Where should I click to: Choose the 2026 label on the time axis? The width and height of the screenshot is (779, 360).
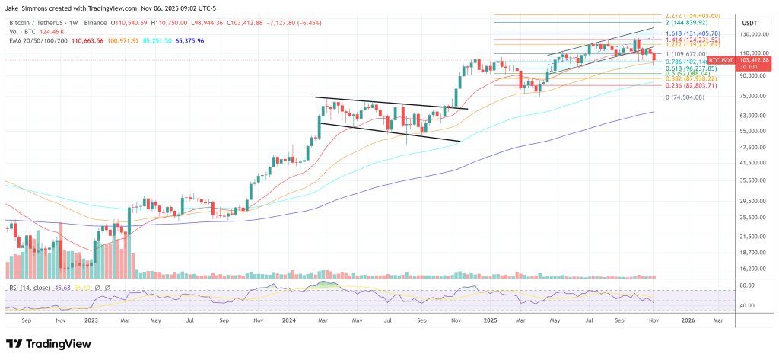[x=688, y=321]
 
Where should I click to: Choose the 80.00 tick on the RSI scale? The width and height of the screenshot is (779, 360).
[x=748, y=285]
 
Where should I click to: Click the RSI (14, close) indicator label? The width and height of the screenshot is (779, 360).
[x=30, y=287]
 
